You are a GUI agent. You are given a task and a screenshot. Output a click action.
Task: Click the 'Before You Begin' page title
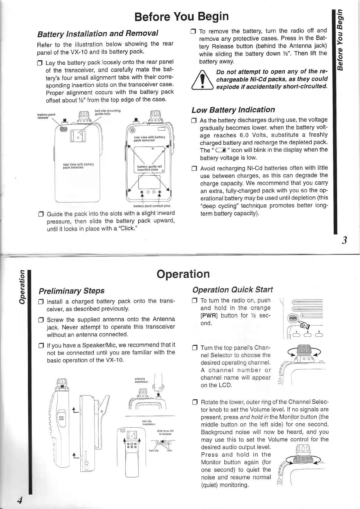click(x=182, y=16)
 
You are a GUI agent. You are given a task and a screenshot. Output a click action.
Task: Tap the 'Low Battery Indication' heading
click(x=233, y=109)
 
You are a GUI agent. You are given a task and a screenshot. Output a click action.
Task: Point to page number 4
click(x=20, y=500)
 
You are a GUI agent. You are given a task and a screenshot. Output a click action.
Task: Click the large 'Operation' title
click(x=183, y=274)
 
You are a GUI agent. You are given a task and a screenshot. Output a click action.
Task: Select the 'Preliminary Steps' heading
click(x=72, y=290)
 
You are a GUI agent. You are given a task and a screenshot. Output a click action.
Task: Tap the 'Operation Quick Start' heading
click(x=233, y=290)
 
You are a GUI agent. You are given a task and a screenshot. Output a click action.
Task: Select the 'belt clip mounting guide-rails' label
click(x=108, y=112)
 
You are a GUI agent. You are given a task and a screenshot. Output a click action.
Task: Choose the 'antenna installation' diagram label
click(x=141, y=380)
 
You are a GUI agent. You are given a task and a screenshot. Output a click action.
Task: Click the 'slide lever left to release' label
click(x=165, y=432)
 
